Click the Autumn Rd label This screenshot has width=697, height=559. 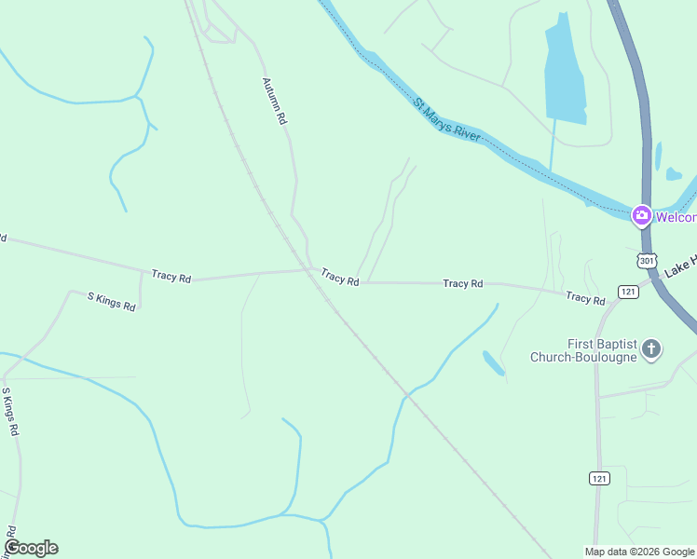click(274, 102)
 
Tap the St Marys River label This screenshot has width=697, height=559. click(447, 120)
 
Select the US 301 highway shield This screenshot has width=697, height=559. click(647, 261)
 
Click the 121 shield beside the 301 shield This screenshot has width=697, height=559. click(628, 292)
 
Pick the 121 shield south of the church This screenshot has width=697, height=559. click(600, 478)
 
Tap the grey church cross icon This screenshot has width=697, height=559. click(651, 349)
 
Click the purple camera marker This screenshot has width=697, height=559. click(641, 216)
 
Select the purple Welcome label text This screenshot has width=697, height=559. click(676, 217)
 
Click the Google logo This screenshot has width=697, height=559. click(31, 548)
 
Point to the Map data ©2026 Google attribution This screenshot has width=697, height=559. click(640, 552)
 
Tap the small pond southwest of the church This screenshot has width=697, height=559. click(493, 362)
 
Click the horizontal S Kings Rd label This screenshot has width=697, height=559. click(111, 301)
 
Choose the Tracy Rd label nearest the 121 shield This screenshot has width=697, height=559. click(585, 298)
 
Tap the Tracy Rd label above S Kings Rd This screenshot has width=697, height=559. click(171, 277)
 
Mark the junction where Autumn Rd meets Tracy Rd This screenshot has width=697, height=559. click(310, 270)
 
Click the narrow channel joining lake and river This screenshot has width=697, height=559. click(552, 148)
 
